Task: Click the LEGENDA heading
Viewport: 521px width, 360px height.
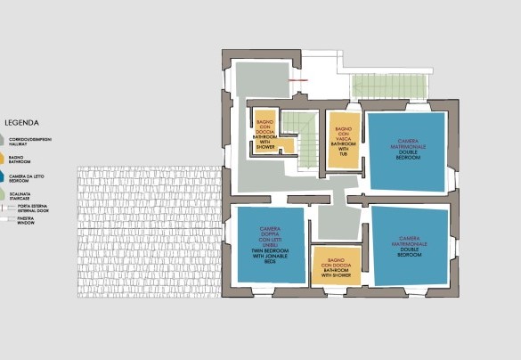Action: tap(19, 123)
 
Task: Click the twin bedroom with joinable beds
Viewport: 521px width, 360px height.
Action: tap(269, 244)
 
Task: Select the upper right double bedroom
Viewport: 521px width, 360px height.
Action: tap(405, 149)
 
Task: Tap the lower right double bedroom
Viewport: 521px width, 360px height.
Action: tap(409, 245)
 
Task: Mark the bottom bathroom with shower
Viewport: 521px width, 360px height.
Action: tap(338, 266)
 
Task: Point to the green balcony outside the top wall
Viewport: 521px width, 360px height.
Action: tap(390, 86)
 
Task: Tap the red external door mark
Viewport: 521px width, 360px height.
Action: tap(297, 81)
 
